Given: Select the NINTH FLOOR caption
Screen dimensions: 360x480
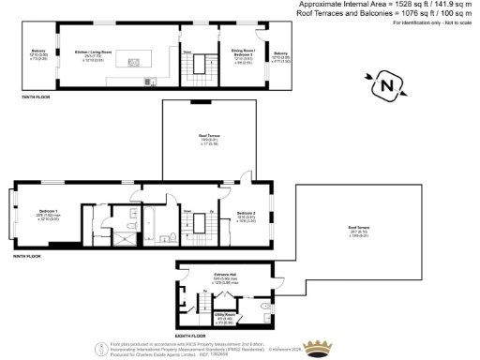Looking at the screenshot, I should [x=27, y=256].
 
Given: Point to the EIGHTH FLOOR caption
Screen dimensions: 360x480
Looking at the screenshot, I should [x=190, y=335].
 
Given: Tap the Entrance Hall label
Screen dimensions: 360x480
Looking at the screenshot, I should [x=222, y=274].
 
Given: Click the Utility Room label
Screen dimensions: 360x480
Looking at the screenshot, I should [x=224, y=315].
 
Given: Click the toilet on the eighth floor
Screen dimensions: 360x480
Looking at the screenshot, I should [x=269, y=307].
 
